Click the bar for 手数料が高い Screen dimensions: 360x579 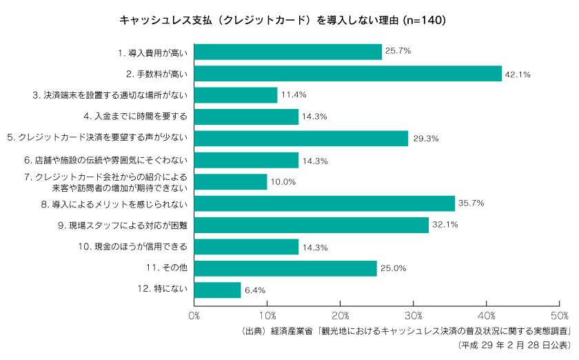[348, 73]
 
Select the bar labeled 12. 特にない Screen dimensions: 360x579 [218, 290]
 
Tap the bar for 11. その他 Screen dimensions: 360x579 [285, 268]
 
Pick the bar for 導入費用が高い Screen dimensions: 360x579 [288, 52]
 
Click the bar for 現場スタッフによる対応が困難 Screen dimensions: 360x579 [312, 225]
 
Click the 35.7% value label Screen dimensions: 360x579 [471, 203]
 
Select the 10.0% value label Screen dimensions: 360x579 [283, 182]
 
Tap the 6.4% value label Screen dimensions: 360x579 [254, 290]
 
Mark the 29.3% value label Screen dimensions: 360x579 [425, 139]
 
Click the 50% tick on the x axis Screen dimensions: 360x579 [560, 315]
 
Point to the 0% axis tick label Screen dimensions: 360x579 [194, 315]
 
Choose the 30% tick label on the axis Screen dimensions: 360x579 [414, 315]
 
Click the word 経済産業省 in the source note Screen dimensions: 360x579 [290, 330]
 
